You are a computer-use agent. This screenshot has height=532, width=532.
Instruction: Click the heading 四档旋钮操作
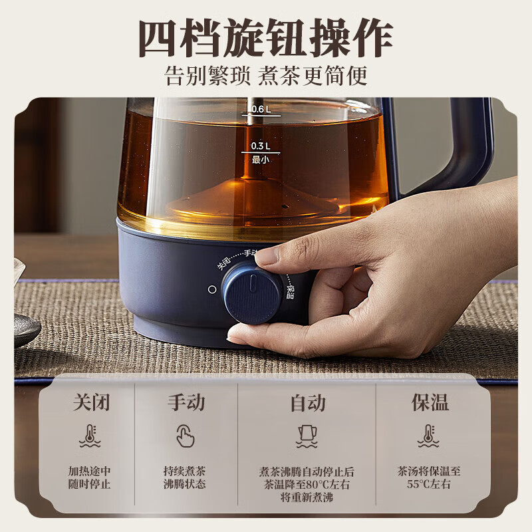point(265,38)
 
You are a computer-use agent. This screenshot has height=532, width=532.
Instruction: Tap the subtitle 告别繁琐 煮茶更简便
point(265,76)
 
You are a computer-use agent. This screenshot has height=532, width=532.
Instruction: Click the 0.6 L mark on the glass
point(259,108)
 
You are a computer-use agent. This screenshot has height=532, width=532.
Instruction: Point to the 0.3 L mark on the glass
point(259,146)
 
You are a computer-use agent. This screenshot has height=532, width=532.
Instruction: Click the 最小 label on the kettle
point(259,159)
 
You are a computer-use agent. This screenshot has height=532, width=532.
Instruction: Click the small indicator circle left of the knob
point(212,290)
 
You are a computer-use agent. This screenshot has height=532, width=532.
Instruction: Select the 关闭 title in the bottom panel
point(90,402)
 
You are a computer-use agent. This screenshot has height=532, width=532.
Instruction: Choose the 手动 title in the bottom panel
point(186,402)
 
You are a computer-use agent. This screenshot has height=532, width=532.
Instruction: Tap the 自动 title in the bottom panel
point(307,402)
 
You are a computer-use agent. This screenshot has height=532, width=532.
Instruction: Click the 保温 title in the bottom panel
point(429,402)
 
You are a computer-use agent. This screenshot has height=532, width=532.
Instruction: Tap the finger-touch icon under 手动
point(186,436)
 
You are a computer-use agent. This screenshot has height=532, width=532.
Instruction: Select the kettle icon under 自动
point(307,436)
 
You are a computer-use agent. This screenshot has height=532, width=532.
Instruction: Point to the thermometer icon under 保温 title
point(429,436)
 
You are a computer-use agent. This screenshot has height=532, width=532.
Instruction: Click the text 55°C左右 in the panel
point(429,484)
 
